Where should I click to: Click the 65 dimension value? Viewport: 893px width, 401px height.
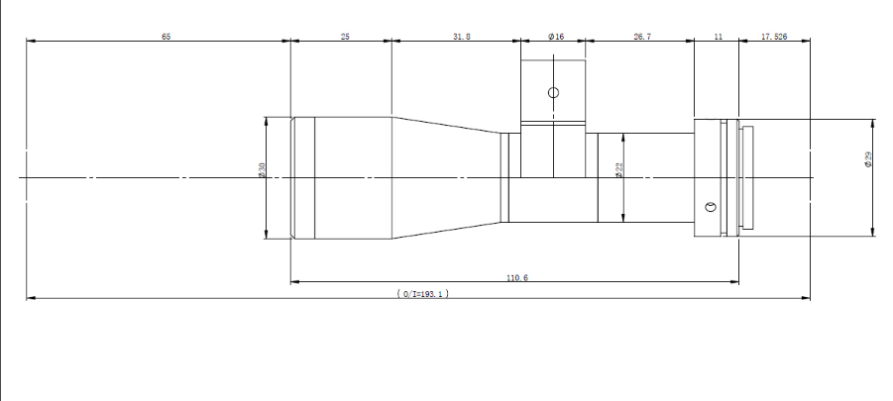pyautogui.click(x=166, y=37)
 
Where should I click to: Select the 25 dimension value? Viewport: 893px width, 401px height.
pyautogui.click(x=345, y=37)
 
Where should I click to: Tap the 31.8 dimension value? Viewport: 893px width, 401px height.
pyautogui.click(x=462, y=37)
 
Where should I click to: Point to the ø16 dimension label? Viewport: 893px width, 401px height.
pyautogui.click(x=556, y=37)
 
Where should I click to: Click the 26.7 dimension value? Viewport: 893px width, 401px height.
pyautogui.click(x=642, y=37)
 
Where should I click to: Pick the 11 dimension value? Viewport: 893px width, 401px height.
pyautogui.click(x=719, y=37)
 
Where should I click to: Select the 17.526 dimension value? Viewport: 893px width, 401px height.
pyautogui.click(x=774, y=37)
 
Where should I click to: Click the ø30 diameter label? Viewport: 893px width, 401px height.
pyautogui.click(x=262, y=170)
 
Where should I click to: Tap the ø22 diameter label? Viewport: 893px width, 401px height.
pyautogui.click(x=619, y=170)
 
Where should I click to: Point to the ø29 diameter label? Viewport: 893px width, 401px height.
pyautogui.click(x=868, y=159)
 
